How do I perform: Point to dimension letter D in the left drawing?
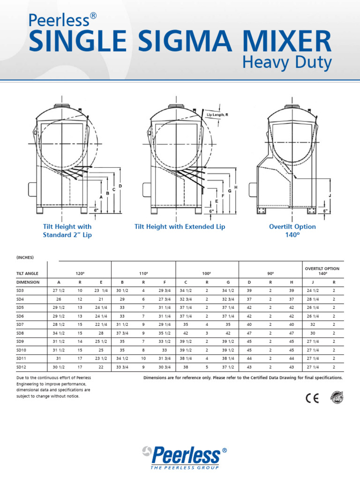click(x=120, y=187)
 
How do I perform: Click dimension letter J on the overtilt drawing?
click(x=330, y=195)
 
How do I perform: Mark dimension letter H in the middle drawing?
click(x=236, y=187)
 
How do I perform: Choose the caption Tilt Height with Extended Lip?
click(x=180, y=226)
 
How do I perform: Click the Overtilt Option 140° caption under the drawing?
click(x=292, y=231)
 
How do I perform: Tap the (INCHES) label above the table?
click(x=25, y=257)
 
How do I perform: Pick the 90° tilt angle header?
click(x=270, y=273)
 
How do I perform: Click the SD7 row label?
click(x=20, y=324)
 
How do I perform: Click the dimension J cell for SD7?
click(x=313, y=324)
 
